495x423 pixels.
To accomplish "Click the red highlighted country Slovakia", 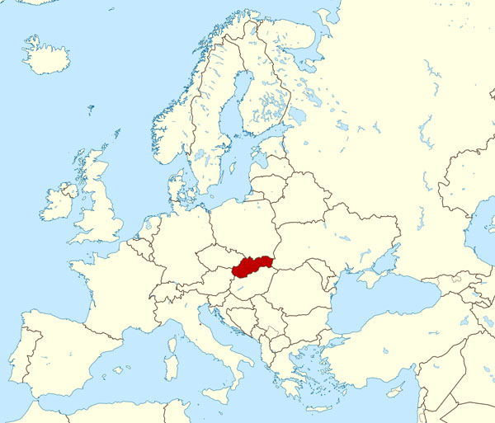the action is [x=252, y=266].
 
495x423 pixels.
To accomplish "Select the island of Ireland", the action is [x=58, y=203].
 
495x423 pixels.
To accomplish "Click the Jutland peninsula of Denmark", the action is [x=175, y=186].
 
